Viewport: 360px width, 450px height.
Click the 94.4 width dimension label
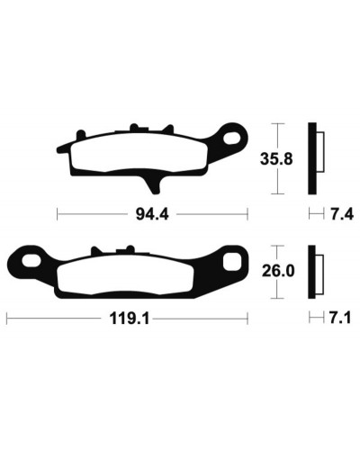(x=152, y=214)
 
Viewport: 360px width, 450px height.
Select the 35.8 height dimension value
(x=276, y=159)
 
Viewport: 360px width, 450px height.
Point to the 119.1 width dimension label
(x=130, y=319)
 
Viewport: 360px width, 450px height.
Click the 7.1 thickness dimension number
(x=340, y=318)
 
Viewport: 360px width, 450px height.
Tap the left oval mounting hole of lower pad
(x=31, y=260)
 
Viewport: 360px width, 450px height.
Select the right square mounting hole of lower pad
(x=232, y=260)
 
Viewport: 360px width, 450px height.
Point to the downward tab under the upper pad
(x=153, y=184)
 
